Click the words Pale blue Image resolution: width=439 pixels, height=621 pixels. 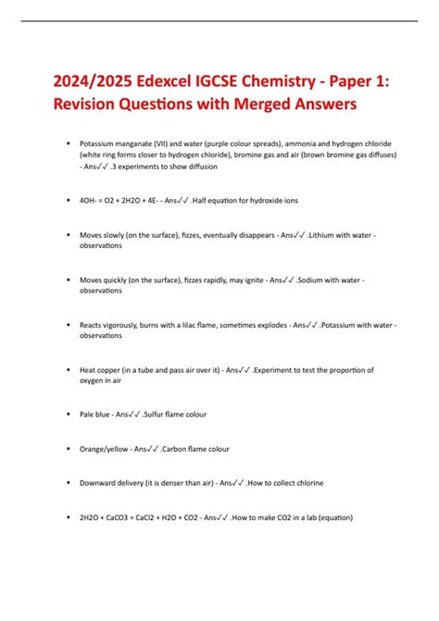coord(94,415)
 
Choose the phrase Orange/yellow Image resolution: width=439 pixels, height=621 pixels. coord(105,449)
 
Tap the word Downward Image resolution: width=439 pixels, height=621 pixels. coord(99,482)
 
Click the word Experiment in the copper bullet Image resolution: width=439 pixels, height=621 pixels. coord(276,369)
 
